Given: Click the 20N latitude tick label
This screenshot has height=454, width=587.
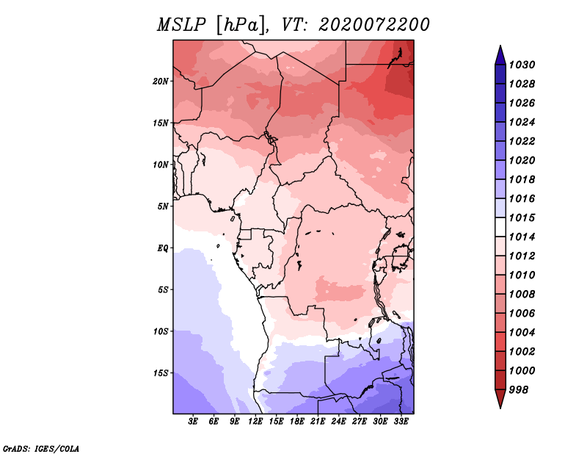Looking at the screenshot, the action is pos(160,82).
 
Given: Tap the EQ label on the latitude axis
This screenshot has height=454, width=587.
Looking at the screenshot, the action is pos(163,248).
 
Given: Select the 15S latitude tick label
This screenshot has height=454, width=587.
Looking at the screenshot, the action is pos(160,373).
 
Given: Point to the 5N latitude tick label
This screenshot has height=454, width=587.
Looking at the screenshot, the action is pos(163,206).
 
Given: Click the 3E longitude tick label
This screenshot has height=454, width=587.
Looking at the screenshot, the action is pos(193,422).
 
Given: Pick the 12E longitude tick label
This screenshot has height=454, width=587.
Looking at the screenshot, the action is pos(255,422).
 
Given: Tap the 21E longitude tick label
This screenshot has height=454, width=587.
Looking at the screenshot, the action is pos(318,422).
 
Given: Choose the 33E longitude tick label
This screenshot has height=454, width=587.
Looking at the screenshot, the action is pos(401,422).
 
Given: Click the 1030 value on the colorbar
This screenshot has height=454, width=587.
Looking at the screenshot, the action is pos(522,65).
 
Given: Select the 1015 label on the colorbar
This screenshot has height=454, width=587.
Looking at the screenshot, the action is pos(522,217).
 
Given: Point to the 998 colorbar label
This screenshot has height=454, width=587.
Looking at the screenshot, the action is pos(519,390).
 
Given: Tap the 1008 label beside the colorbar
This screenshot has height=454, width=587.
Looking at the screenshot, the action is pos(522,295).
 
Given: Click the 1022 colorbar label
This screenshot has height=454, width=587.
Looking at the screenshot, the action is pos(522,141).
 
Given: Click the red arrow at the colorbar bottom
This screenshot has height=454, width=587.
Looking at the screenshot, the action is pos(500,398).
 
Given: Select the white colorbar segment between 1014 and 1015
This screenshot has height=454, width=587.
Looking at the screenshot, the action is pos(500,227).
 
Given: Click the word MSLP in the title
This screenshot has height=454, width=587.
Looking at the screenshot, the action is pos(181,25).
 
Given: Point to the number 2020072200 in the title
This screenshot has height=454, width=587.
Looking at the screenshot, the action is pos(373,25).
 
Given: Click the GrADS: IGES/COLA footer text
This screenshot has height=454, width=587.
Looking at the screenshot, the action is pos(41,448).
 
